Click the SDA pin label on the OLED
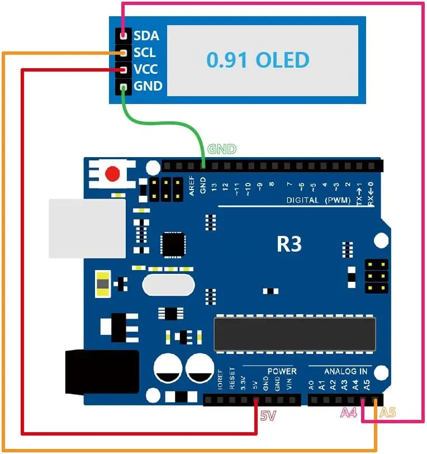pyautogui.click(x=146, y=36)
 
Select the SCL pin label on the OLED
pyautogui.click(x=145, y=53)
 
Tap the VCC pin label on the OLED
pyautogui.click(x=145, y=69)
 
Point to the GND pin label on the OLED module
pyautogui.click(x=148, y=86)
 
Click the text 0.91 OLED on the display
pyautogui.click(x=258, y=59)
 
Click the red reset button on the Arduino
pyautogui.click(x=113, y=174)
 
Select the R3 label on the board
pyautogui.click(x=289, y=244)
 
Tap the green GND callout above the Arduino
pyautogui.click(x=222, y=149)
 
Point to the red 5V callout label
pyautogui.click(x=268, y=416)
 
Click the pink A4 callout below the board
pyautogui.click(x=349, y=413)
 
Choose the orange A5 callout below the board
pyautogui.click(x=387, y=413)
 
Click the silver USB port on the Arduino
pyautogui.click(x=87, y=228)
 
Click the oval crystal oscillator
pyautogui.click(x=169, y=286)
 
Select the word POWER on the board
pyautogui.click(x=282, y=371)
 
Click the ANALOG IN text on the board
pyautogui.click(x=346, y=371)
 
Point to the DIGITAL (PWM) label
pyautogui.click(x=319, y=200)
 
